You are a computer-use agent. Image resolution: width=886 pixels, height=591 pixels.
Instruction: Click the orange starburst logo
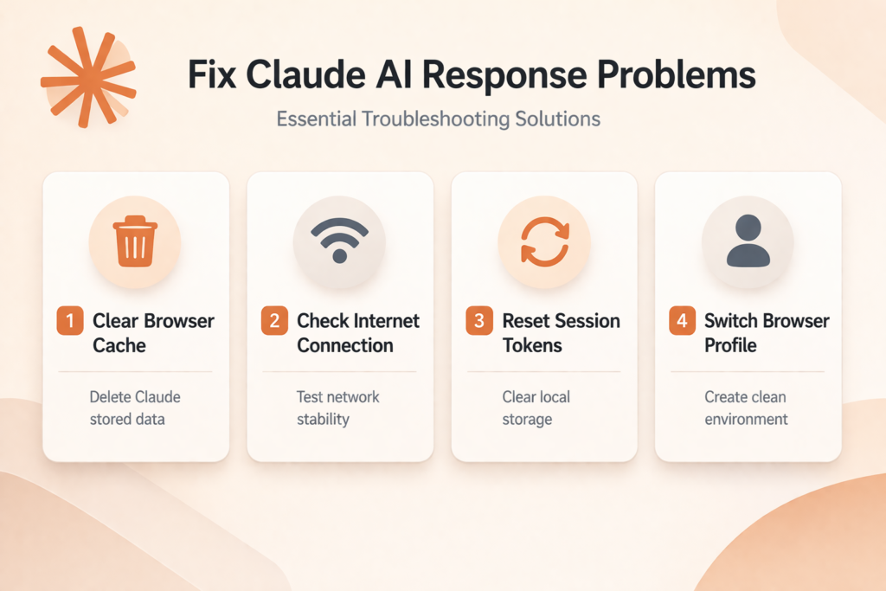click(x=87, y=77)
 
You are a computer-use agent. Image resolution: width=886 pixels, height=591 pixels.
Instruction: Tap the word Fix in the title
click(x=212, y=74)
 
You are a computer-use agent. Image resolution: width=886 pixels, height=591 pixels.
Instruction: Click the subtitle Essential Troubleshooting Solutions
click(x=439, y=119)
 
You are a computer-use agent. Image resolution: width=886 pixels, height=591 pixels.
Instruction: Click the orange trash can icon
click(x=135, y=241)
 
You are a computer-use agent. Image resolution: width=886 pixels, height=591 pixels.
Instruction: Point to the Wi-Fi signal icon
click(x=339, y=241)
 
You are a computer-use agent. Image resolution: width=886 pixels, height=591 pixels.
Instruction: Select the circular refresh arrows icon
click(x=545, y=241)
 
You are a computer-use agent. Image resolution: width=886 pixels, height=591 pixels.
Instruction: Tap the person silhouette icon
click(x=748, y=241)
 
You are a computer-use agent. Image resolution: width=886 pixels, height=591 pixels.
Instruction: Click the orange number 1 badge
click(x=70, y=320)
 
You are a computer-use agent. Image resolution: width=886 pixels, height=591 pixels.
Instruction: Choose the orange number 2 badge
click(x=274, y=320)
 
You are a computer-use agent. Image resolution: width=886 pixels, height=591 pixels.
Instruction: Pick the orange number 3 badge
click(x=479, y=320)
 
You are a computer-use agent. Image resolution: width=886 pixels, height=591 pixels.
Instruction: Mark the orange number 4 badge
click(x=683, y=320)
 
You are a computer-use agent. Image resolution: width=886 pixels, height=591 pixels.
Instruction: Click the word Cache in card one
click(x=119, y=345)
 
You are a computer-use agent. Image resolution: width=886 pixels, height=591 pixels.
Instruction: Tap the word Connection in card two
click(x=345, y=345)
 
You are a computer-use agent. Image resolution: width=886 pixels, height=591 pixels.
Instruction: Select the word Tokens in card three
click(x=532, y=345)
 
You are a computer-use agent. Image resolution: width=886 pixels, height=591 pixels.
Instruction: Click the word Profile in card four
click(x=730, y=345)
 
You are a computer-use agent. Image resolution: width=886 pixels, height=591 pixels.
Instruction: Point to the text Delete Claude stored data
click(x=135, y=408)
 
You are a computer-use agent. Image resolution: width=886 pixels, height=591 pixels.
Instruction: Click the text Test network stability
click(x=338, y=408)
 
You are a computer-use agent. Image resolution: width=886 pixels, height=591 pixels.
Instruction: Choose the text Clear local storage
click(x=536, y=408)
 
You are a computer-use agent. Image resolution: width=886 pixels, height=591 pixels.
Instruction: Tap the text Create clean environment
click(x=746, y=408)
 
